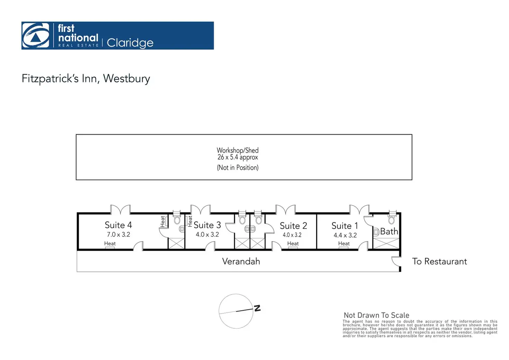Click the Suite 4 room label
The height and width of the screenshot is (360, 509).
pyautogui.click(x=118, y=225)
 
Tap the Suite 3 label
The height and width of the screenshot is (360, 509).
pyautogui.click(x=207, y=225)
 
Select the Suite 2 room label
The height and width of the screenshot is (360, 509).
pyautogui.click(x=293, y=226)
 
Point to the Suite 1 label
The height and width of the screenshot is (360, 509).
pyautogui.click(x=344, y=226)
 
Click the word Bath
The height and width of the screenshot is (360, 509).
pyautogui.click(x=389, y=231)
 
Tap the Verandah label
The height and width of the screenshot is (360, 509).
pyautogui.click(x=241, y=261)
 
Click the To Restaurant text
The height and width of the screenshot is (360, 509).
pyautogui.click(x=439, y=261)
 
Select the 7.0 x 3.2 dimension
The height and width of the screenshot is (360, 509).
pyautogui.click(x=118, y=234)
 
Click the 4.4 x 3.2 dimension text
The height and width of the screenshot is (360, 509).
pyautogui.click(x=345, y=235)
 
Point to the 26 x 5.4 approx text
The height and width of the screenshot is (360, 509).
pyautogui.click(x=238, y=157)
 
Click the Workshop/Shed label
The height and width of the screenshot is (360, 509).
pyautogui.click(x=238, y=150)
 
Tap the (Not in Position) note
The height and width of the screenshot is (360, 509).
pyautogui.click(x=238, y=168)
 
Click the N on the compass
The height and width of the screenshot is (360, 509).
pyautogui.click(x=257, y=308)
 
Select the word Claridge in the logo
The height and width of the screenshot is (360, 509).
pyautogui.click(x=130, y=43)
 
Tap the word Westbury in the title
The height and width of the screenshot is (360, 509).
pyautogui.click(x=127, y=79)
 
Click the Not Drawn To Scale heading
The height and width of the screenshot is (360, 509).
pyautogui.click(x=376, y=315)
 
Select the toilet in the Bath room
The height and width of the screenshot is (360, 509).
pyautogui.click(x=392, y=219)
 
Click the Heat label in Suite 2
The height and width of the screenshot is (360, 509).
pyautogui.click(x=293, y=243)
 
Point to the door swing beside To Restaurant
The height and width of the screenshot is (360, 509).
pyautogui.click(x=396, y=262)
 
